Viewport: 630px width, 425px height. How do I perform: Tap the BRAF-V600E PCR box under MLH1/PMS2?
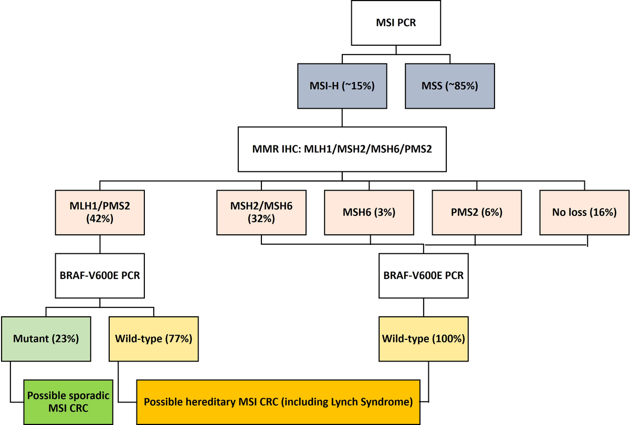pyautogui.click(x=100, y=275)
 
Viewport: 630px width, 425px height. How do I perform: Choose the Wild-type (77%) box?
pyautogui.click(x=153, y=338)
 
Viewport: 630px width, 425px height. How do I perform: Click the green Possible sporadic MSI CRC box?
pyautogui.click(x=68, y=401)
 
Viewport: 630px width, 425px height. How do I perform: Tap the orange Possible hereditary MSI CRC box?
pyautogui.click(x=278, y=401)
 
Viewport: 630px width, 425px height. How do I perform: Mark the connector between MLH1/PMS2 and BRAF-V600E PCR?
pyautogui.click(x=100, y=245)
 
